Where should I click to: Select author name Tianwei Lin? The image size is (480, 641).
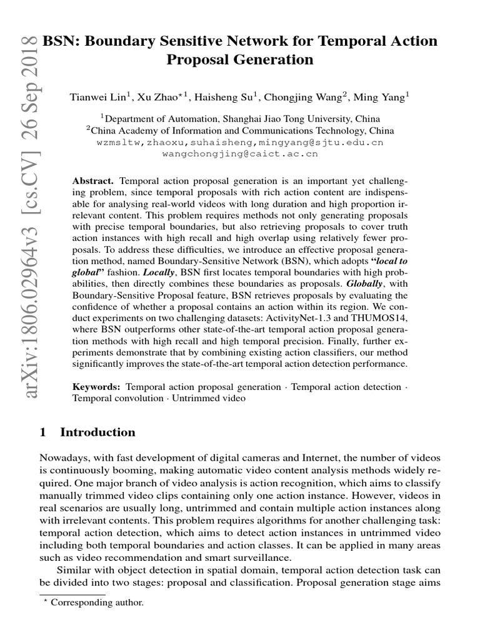pos(98,97)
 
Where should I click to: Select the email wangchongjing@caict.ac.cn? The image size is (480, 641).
pos(239,153)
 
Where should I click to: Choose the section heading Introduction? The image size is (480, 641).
pos(97,432)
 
